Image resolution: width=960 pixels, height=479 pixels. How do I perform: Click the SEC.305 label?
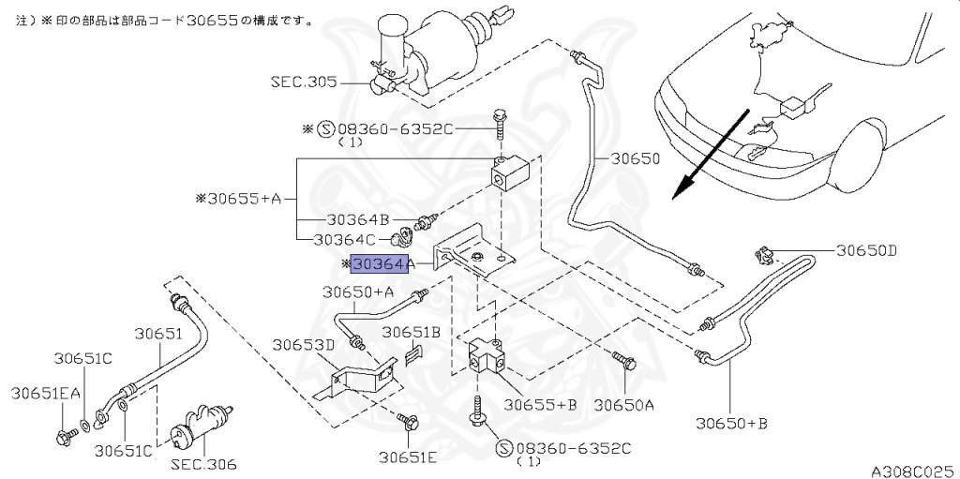304,82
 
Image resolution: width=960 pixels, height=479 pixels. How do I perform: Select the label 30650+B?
731,423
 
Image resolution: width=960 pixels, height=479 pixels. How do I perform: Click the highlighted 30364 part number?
379,264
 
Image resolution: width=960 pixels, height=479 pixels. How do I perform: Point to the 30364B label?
357,219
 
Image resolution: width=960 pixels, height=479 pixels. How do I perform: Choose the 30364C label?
345,240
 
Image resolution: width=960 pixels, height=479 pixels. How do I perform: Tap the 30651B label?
412,332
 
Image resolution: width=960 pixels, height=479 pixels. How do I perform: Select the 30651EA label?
45,394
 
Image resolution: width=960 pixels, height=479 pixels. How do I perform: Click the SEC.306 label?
203,464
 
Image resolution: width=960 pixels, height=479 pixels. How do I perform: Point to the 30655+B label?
540,405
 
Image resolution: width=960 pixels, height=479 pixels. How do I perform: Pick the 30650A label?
623,405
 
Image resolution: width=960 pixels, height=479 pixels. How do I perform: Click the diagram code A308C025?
915,472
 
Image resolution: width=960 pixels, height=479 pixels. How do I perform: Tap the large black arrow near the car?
711,155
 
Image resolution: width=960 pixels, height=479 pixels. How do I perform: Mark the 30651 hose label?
158,334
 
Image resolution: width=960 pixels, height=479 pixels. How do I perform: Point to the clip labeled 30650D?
762,255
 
